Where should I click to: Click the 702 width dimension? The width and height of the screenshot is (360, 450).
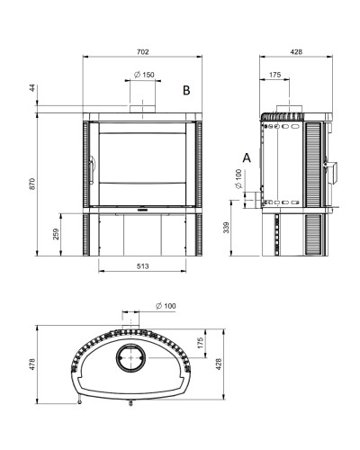[143, 52]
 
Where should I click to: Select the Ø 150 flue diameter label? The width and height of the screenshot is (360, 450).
[144, 75]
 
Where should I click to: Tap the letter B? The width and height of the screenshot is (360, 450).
[186, 90]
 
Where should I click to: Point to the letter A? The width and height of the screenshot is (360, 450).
[247, 157]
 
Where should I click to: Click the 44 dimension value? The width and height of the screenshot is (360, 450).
[32, 88]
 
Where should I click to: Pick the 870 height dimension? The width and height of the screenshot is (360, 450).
[32, 184]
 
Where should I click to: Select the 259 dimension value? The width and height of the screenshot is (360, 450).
[56, 234]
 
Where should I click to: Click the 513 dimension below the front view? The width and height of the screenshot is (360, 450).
[143, 266]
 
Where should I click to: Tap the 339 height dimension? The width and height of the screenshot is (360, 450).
[227, 228]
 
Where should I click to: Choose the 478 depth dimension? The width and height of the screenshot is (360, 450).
[32, 364]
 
